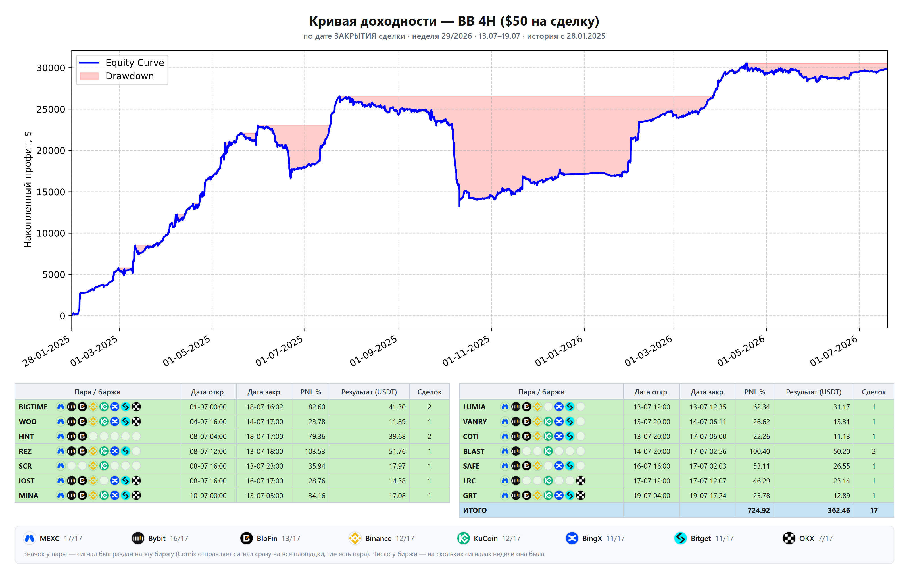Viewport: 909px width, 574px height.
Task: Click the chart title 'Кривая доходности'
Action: coord(373,21)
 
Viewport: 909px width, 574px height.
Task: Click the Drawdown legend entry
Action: coord(117,76)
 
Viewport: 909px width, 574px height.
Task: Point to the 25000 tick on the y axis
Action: coord(51,109)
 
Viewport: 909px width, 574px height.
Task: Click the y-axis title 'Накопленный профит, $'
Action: coord(28,190)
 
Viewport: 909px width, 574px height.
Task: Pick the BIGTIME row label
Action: coord(33,407)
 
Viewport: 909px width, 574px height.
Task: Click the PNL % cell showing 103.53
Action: coord(315,451)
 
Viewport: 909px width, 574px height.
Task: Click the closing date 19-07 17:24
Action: coord(708,496)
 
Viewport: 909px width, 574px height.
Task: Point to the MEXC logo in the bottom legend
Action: coord(30,538)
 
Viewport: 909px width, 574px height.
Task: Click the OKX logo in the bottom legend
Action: coord(789,538)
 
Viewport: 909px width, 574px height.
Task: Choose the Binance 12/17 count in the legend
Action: coord(405,538)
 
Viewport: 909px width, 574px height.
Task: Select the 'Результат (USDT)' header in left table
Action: coord(369,392)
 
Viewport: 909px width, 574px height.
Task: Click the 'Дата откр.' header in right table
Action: coord(652,392)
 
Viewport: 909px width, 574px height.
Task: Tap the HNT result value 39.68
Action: coord(397,436)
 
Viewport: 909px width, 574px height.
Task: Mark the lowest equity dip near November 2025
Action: coord(459,206)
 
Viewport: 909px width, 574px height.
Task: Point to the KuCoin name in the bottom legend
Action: coord(485,538)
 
